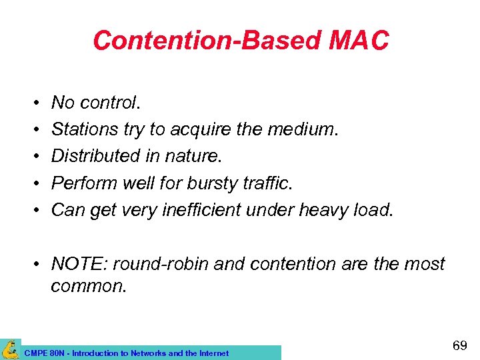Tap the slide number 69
click(x=459, y=345)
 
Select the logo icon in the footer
click(x=10, y=349)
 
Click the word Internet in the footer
click(x=212, y=353)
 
